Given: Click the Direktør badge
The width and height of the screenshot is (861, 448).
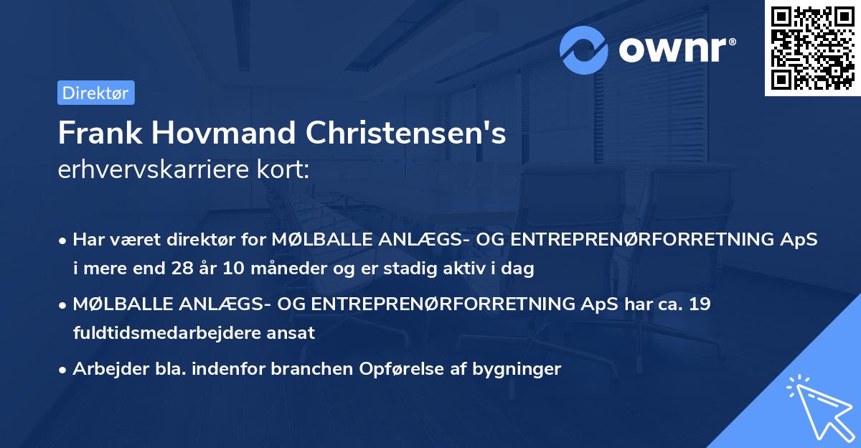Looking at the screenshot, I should point(95,93).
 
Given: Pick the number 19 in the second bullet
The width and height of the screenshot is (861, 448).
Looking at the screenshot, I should point(699,304).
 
